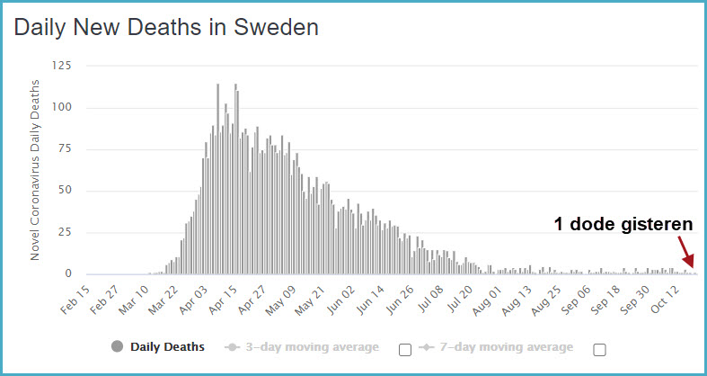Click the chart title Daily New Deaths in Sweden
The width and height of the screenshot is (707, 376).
click(x=166, y=28)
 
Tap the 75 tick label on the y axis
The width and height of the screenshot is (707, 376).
click(x=65, y=149)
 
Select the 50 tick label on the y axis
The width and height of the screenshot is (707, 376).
click(x=65, y=191)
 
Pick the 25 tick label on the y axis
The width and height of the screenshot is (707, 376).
click(x=65, y=232)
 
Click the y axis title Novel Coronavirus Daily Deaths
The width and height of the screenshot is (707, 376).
click(x=35, y=169)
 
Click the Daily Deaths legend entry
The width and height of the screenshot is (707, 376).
click(x=167, y=346)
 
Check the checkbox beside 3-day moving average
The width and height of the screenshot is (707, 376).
click(x=404, y=349)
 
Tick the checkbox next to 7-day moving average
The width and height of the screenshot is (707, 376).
click(x=599, y=349)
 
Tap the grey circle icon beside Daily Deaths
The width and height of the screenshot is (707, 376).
click(x=117, y=346)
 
